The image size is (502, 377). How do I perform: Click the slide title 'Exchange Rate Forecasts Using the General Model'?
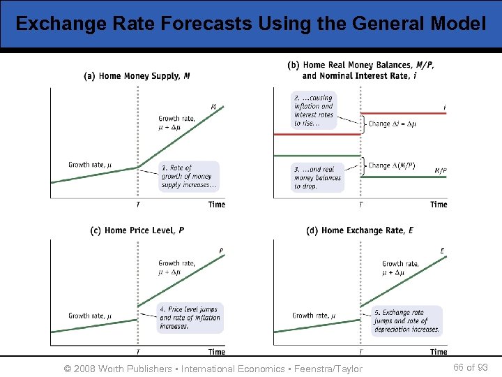click(x=250, y=24)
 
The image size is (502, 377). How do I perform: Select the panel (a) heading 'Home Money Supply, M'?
click(x=137, y=76)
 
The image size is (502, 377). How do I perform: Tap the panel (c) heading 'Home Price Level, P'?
click(x=137, y=230)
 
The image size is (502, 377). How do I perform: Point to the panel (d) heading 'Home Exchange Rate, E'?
click(x=360, y=230)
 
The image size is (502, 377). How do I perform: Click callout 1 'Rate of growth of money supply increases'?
click(x=189, y=177)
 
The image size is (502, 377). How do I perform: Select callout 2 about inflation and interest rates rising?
click(x=314, y=110)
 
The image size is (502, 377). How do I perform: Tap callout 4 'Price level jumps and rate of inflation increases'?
click(x=189, y=318)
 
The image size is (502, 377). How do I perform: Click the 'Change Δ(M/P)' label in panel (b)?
click(x=391, y=165)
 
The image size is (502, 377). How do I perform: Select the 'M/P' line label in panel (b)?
click(x=441, y=170)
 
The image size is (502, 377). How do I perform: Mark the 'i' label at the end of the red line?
click(x=444, y=107)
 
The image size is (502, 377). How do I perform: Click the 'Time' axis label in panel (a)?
click(x=216, y=205)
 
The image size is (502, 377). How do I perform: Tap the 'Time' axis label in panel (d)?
click(x=438, y=352)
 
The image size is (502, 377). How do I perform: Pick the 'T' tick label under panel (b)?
click(x=360, y=205)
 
